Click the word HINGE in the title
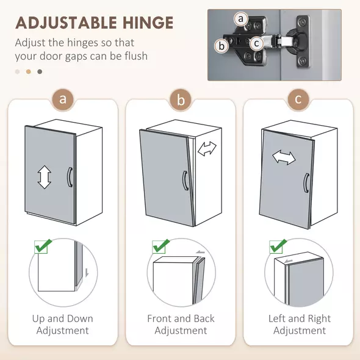148,23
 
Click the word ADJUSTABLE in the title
66,23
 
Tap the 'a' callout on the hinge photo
241,19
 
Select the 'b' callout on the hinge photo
221,46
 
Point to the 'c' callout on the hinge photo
256,43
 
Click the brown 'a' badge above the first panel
63,99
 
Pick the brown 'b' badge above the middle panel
181,99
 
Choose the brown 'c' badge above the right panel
298,99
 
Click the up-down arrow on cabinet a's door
45,177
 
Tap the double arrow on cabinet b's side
207,149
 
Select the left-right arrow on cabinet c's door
284,157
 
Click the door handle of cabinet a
70,177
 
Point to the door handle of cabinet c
306,183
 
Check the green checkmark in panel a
43,246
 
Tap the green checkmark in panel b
161,246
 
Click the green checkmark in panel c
278,246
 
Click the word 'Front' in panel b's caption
160,319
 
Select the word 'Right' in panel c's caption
319,319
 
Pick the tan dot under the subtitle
29,71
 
